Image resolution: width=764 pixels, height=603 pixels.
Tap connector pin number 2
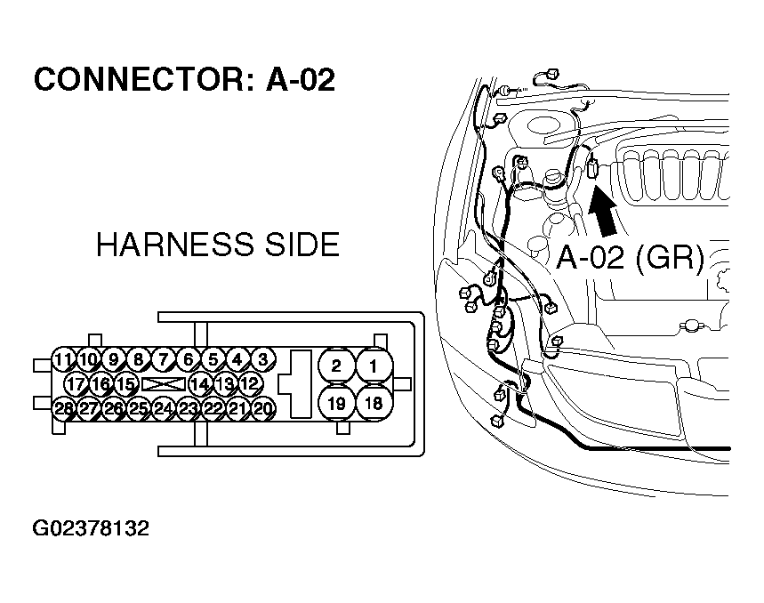coord(336,366)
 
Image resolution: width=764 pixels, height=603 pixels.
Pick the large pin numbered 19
coord(336,403)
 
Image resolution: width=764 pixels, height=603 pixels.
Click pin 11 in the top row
coord(62,360)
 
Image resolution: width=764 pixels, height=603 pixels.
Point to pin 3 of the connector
coord(262,360)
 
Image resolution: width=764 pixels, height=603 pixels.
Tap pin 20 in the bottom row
coord(262,409)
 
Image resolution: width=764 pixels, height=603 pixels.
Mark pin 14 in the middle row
coord(200,384)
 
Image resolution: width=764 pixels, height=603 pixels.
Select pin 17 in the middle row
coord(76,384)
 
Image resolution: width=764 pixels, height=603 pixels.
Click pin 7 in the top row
coord(163,360)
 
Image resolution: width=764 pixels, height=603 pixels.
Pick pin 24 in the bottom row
coord(163,409)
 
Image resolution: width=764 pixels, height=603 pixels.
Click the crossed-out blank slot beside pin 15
coord(163,384)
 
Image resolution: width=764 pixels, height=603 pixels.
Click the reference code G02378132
coord(91,529)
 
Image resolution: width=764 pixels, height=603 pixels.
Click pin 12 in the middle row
coord(250,384)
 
